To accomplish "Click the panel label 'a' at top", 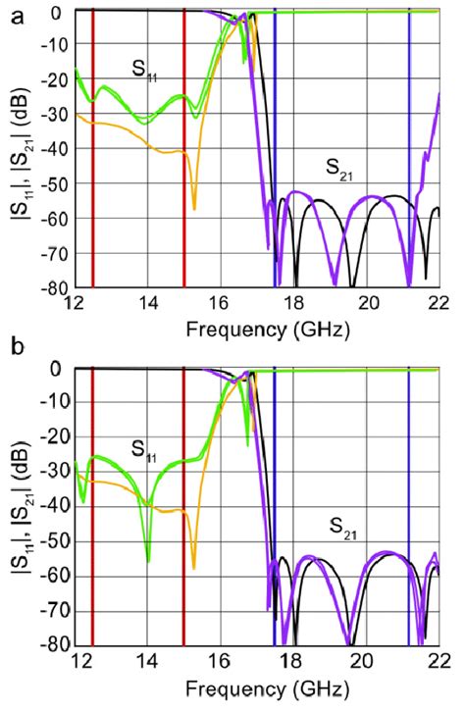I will pyautogui.click(x=11, y=13).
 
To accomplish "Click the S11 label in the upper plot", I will pyautogui.click(x=147, y=69).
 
